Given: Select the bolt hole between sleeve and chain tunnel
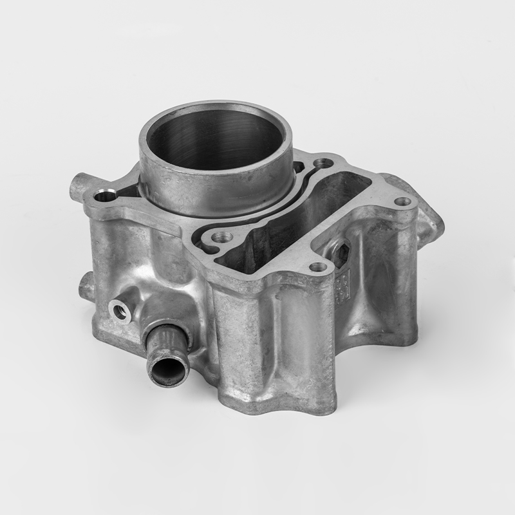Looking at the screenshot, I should tap(223, 238).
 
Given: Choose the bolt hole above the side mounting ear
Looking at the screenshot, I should tap(403, 201).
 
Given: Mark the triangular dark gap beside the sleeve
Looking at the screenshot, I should tap(129, 189).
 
